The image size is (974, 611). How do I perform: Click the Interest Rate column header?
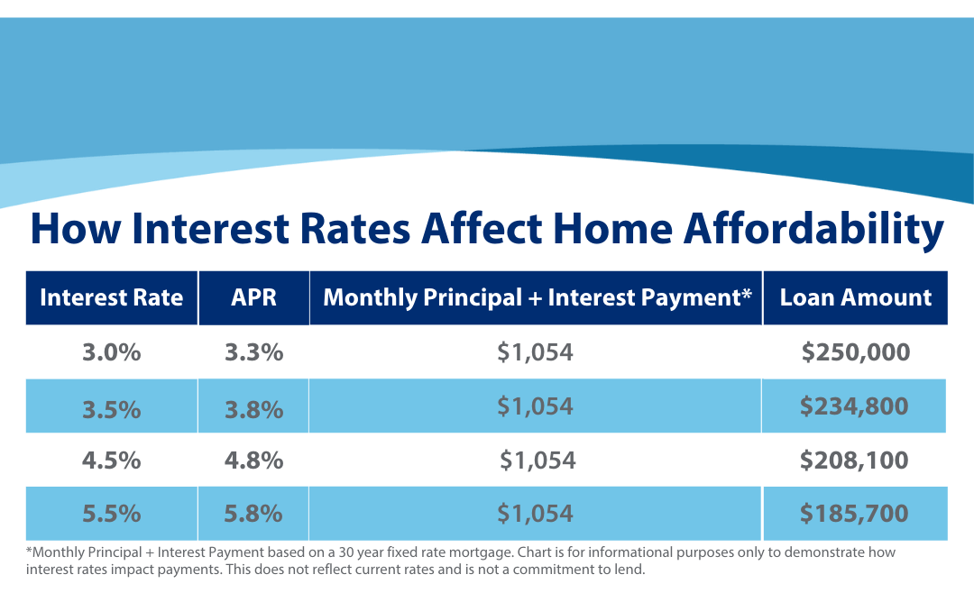112,298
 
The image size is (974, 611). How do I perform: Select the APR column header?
253,298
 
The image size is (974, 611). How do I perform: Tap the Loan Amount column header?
855,298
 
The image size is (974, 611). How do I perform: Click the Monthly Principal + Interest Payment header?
537,298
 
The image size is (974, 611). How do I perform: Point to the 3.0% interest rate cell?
112,352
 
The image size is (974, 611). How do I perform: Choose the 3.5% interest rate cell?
112,408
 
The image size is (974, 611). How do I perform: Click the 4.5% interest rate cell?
112,461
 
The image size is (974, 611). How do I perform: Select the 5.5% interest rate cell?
112,514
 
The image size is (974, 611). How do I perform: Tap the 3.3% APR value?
253,352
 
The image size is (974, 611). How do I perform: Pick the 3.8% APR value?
253,408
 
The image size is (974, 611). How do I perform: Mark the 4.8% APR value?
253,461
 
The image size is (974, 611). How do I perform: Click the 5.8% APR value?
253,514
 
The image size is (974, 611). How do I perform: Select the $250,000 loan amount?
855,352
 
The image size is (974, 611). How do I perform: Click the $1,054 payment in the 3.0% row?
535,352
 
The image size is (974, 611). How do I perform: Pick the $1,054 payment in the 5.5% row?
535,514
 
